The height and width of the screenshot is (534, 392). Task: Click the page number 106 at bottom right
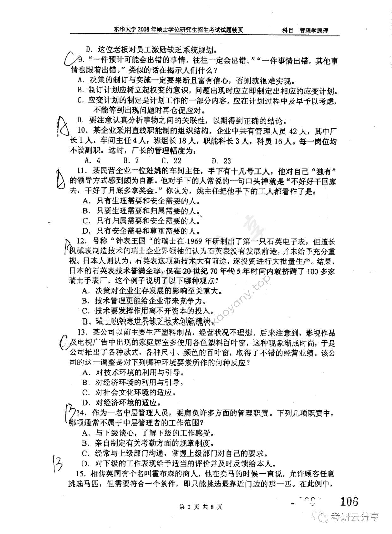click(349, 501)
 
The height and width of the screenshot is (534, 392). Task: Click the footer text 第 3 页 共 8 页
click(200, 507)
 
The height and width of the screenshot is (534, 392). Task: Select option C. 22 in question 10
click(171, 161)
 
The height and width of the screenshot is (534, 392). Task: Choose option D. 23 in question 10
click(221, 161)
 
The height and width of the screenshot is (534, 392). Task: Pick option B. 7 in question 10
click(131, 161)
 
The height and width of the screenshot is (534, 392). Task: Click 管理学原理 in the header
click(314, 31)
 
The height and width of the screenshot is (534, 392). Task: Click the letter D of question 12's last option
click(84, 322)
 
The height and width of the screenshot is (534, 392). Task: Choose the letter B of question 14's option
click(84, 443)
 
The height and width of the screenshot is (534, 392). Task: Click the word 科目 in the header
click(288, 31)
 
